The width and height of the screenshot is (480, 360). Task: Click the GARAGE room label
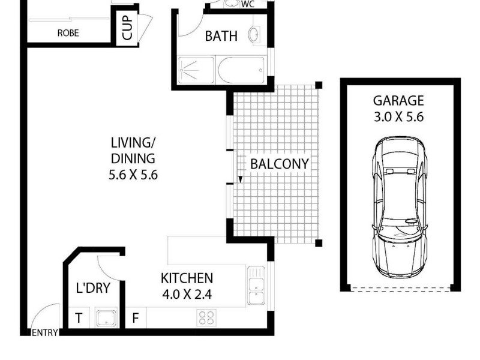pos(398,101)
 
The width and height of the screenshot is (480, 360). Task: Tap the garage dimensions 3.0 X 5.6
pos(398,117)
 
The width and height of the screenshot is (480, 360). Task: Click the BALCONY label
pos(279,163)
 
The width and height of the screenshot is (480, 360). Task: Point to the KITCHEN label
pos(187,278)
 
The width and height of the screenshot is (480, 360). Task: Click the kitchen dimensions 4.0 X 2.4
pos(187,295)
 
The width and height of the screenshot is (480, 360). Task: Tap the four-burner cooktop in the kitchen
pos(206,317)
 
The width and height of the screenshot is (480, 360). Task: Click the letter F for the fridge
pos(136,317)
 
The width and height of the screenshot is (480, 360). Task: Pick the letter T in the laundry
pos(79,317)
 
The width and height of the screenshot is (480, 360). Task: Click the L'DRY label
pos(93,288)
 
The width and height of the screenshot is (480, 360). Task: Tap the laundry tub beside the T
pos(106,317)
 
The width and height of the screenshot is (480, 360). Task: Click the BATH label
pos(221,36)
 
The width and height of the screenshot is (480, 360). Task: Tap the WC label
pos(247,5)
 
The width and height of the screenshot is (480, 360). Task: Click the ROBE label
pos(68,34)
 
